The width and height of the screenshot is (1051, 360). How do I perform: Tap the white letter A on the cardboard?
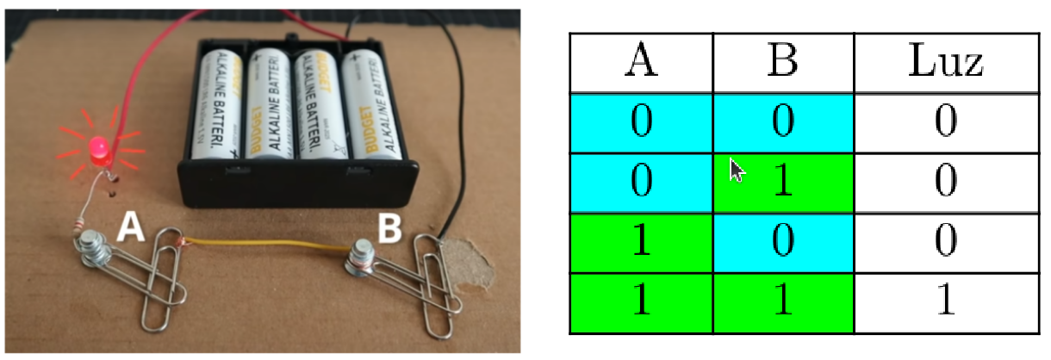pos(130,227)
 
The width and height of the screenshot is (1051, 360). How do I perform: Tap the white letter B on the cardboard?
pos(390,228)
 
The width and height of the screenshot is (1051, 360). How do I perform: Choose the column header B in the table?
pos(782,63)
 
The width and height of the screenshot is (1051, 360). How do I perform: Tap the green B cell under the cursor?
pos(782,183)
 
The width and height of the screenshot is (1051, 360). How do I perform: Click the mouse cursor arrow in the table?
pos(737,169)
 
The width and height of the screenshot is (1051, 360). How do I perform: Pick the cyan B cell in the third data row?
pos(782,242)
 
